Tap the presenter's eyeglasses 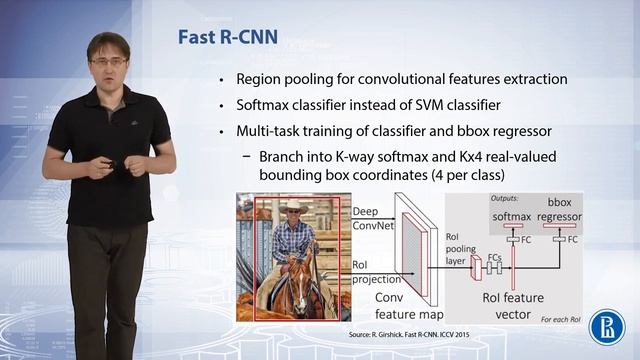tap(107, 60)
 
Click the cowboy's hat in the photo tap(293, 207)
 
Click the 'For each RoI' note tap(590, 320)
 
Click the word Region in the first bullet tap(261, 79)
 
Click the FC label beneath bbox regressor tap(573, 241)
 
